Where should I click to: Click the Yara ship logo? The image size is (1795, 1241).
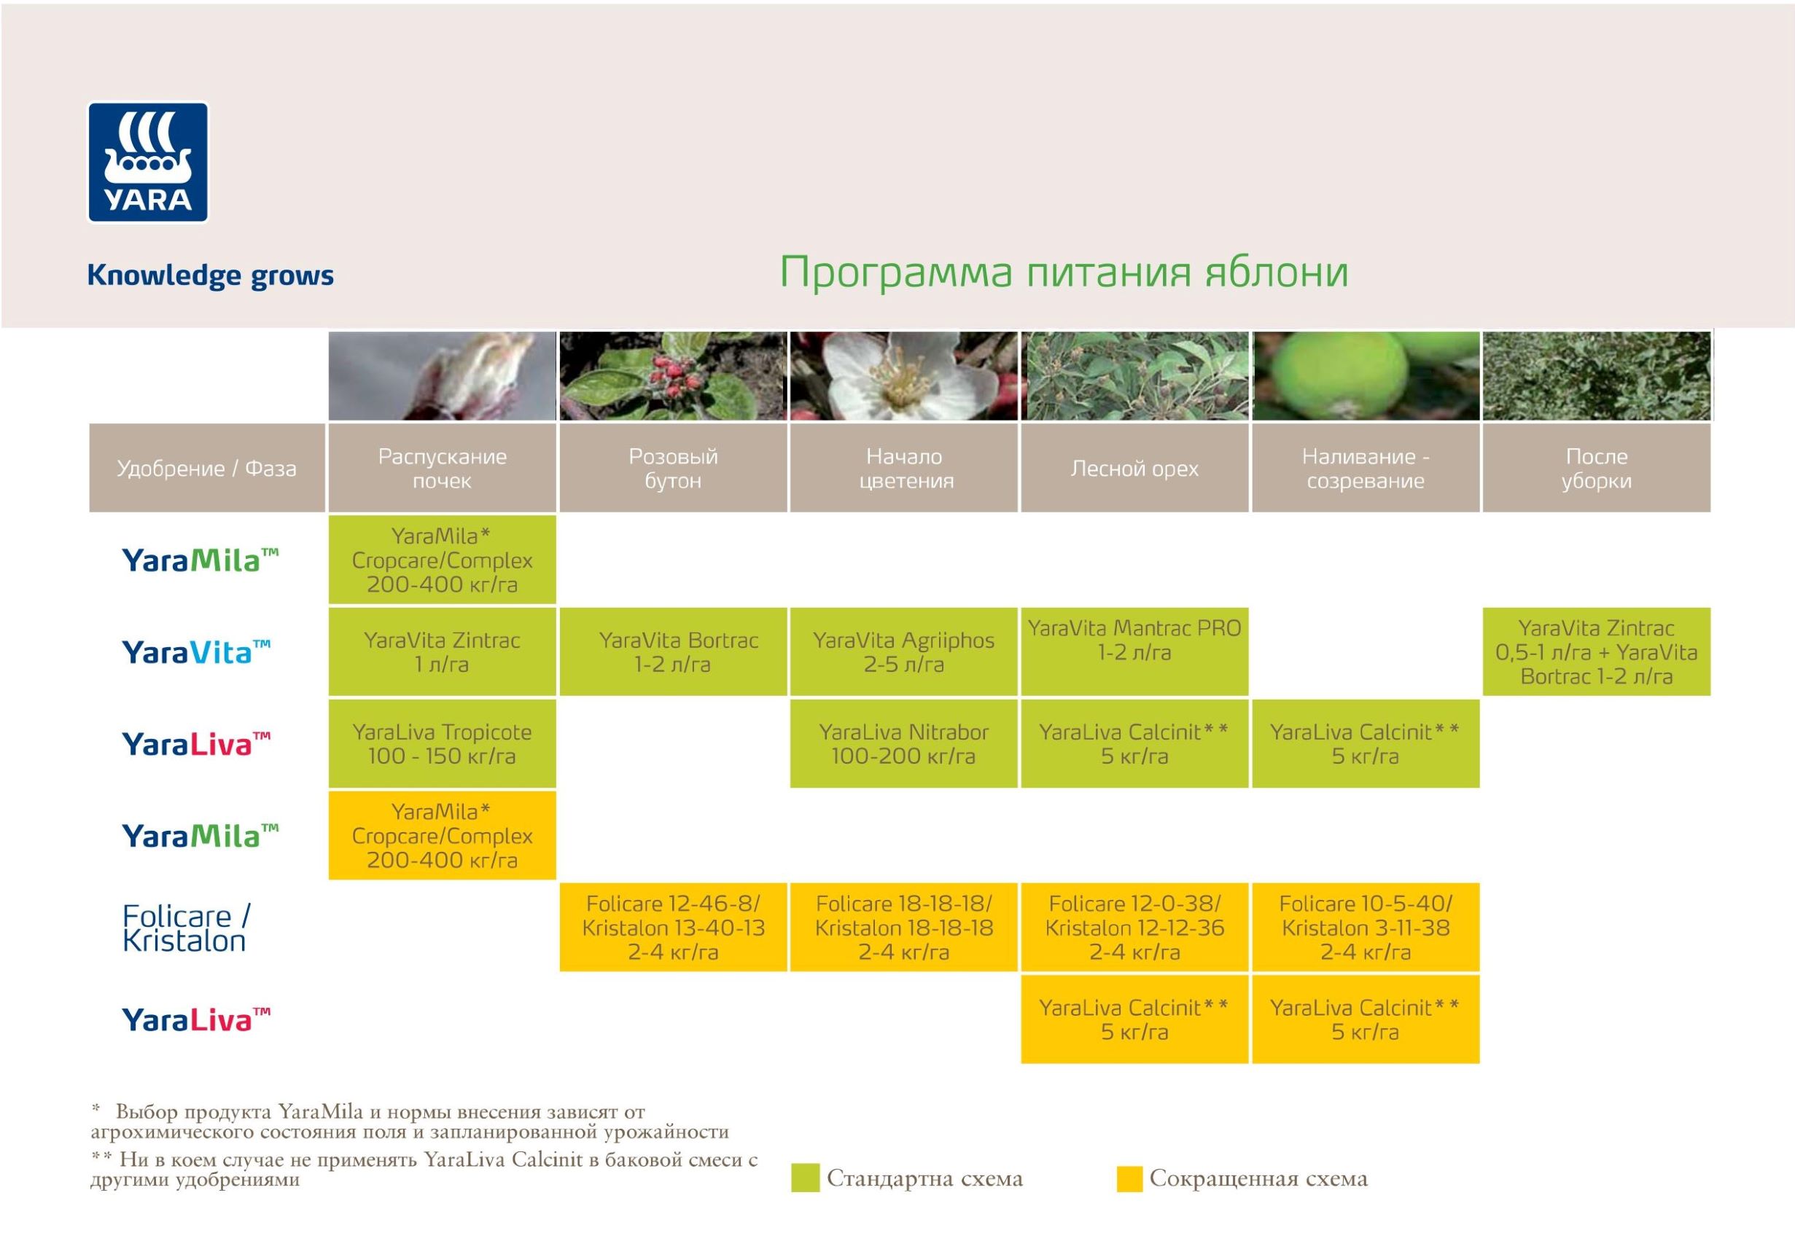148,163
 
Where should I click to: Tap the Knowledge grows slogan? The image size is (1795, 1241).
210,276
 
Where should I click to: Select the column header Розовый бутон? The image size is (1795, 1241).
673,468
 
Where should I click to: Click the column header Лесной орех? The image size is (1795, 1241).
1134,468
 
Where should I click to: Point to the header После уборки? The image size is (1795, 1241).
1597,468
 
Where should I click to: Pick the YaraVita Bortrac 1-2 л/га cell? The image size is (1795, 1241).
673,651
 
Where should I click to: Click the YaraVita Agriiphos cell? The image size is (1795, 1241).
904,651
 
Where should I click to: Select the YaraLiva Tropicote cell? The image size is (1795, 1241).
442,743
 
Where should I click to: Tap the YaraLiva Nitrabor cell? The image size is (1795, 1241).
904,743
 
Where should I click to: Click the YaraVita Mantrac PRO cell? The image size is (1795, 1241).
1134,651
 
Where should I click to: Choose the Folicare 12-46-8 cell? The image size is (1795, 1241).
673,927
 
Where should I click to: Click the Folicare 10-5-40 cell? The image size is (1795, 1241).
1366,927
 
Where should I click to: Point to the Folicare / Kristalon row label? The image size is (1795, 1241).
186,928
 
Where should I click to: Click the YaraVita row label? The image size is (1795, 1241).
196,651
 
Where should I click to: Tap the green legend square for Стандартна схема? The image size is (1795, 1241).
805,1178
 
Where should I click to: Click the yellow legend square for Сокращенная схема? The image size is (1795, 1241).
1129,1178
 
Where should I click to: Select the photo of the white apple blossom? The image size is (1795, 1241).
904,376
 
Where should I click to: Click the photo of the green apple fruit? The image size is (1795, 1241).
1366,376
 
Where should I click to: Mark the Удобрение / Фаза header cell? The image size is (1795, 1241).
207,468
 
